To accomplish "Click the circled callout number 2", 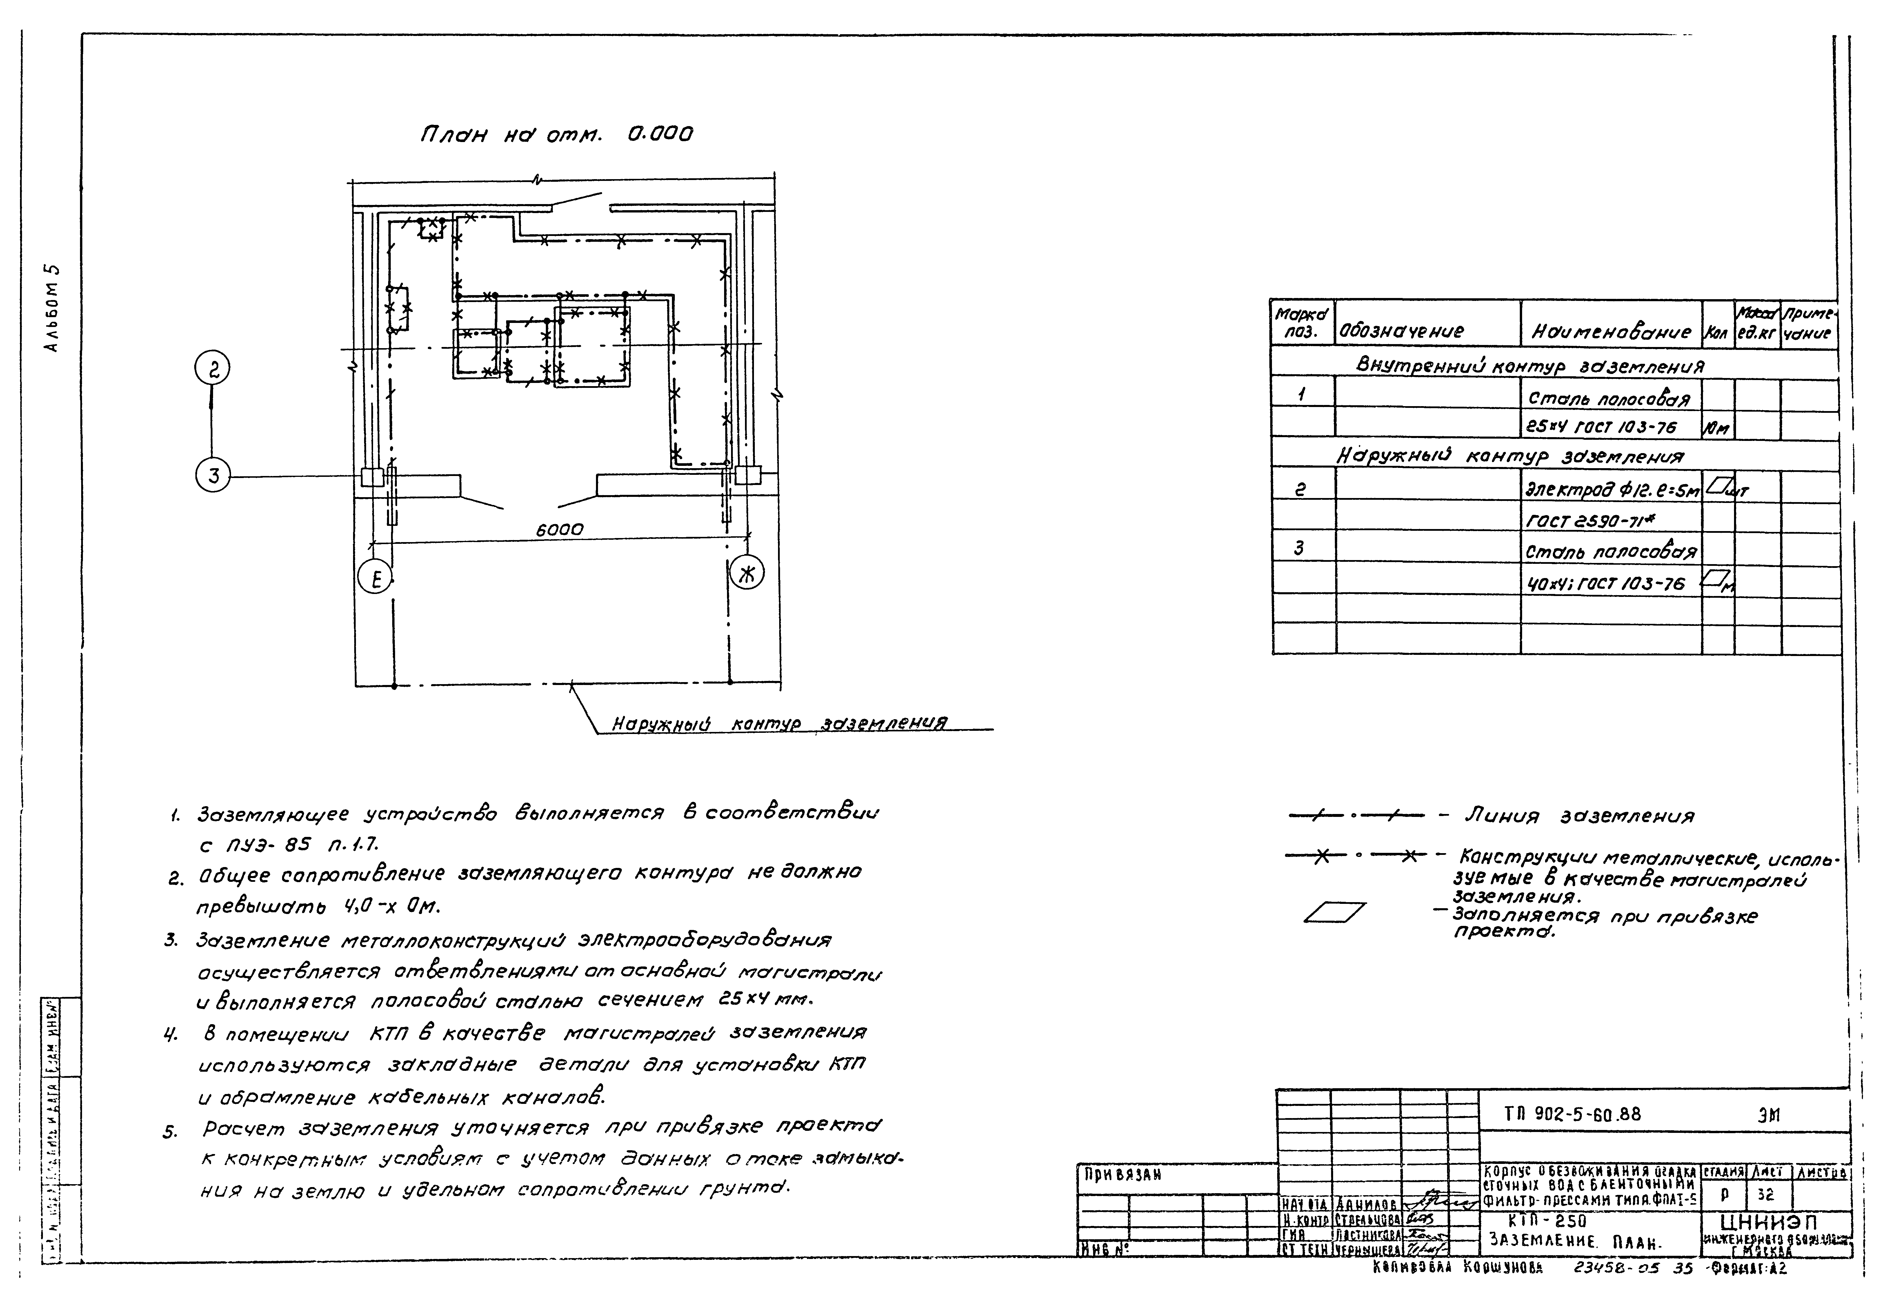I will pos(212,370).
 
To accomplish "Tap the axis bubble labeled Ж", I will pos(747,573).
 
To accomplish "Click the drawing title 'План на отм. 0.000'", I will pos(556,135).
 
